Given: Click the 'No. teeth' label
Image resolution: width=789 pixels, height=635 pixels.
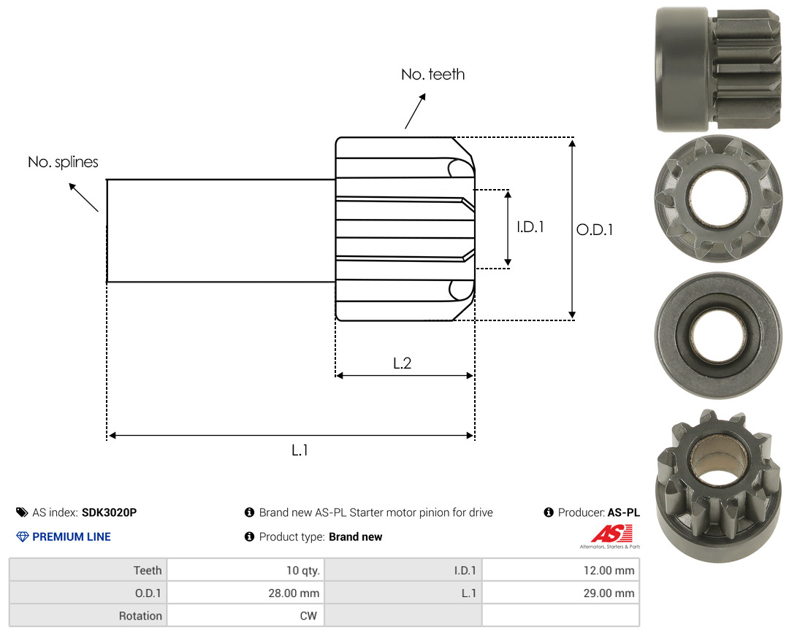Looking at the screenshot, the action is (x=432, y=74).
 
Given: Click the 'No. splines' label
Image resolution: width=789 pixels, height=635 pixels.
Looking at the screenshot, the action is (x=63, y=162).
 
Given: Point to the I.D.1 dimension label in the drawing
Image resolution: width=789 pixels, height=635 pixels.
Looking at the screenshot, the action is (x=530, y=227).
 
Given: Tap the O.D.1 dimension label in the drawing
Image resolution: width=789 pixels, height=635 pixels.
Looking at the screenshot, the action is (x=594, y=230).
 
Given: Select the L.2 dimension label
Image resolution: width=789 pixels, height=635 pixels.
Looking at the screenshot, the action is (x=402, y=363).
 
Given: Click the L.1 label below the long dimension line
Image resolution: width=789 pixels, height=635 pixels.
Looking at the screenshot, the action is (x=300, y=450).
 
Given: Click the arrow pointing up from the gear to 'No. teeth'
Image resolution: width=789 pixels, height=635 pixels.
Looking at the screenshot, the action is (x=415, y=111).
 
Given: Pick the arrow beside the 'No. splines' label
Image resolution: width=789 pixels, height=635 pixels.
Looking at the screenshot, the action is (x=83, y=198).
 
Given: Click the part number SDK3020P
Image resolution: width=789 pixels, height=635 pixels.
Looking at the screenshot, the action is (x=109, y=512).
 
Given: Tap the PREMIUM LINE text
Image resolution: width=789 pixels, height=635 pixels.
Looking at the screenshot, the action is (x=72, y=537).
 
